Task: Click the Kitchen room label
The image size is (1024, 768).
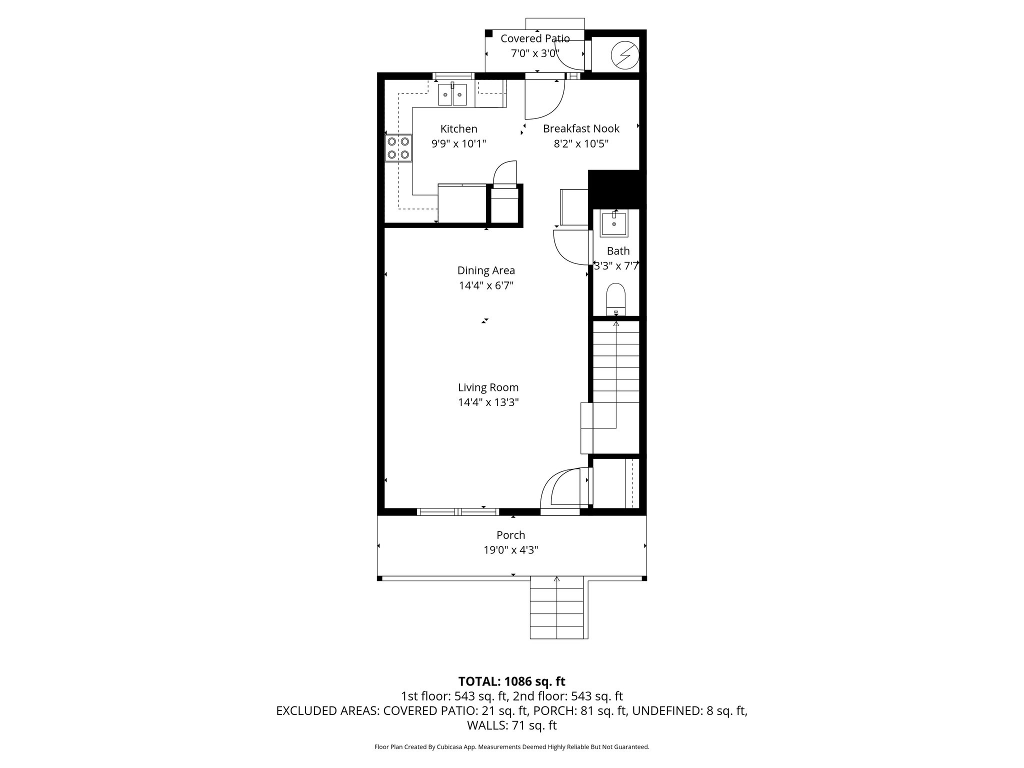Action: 458,129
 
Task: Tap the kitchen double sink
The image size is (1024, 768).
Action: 452,95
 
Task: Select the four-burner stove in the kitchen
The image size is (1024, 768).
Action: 398,148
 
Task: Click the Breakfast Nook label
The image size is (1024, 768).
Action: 581,129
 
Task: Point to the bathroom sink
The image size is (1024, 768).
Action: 613,224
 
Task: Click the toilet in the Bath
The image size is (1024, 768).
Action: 616,298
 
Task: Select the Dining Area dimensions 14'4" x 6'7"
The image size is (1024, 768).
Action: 486,286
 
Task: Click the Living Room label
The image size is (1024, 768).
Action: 488,387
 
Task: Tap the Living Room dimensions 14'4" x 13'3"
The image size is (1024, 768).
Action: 488,402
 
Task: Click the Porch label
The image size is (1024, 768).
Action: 510,535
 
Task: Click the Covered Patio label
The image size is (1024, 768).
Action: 535,38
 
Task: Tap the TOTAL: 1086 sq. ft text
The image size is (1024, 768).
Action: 511,681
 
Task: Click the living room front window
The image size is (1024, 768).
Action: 458,511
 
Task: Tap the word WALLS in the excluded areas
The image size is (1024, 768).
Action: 484,725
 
